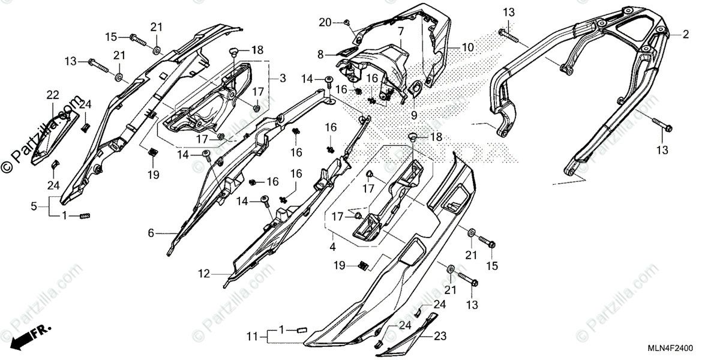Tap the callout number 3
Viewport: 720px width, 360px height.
[283, 79]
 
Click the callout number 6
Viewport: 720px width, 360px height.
[151, 232]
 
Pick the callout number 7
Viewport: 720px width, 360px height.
[400, 30]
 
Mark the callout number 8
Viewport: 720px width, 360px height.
[321, 54]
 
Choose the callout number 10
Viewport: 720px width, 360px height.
[468, 47]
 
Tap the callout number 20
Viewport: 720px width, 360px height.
[325, 23]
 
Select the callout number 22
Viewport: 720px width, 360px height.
[53, 95]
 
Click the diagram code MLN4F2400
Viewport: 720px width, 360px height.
[686, 348]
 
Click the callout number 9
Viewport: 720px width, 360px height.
[413, 114]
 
